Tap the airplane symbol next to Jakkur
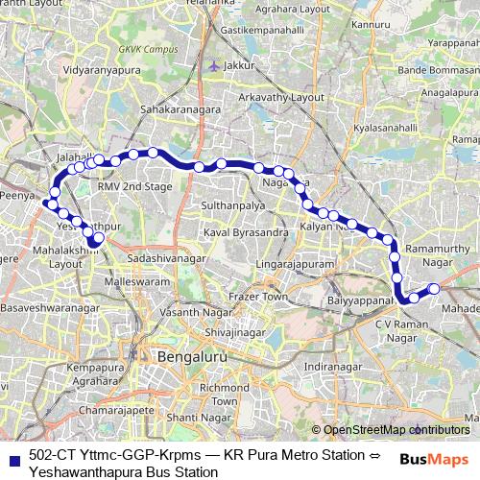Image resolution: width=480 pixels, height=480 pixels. click(x=212, y=65)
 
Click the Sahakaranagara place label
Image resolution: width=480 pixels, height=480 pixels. click(x=180, y=110)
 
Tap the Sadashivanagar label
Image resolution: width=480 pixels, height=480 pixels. click(x=167, y=259)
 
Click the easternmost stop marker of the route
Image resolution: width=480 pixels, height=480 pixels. click(x=434, y=288)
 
